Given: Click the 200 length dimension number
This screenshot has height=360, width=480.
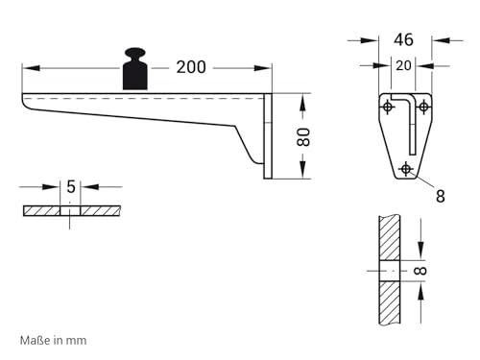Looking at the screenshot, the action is click(191, 67).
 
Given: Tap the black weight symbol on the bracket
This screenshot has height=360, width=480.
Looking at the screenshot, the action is click(135, 69).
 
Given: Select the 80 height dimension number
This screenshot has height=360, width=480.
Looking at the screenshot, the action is click(303, 137).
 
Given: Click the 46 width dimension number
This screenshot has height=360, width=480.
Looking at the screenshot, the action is click(403, 39).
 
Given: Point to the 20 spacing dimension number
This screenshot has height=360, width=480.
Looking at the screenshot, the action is click(403, 65).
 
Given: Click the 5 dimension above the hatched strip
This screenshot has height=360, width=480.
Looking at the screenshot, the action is click(71, 186).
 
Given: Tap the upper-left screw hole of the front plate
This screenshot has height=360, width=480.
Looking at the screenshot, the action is click(388, 107).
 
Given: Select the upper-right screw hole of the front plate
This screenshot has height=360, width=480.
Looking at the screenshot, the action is click(423, 107).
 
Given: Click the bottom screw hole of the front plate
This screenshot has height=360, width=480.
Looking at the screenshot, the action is click(406, 169).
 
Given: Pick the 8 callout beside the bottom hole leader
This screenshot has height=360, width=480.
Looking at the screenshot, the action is click(441, 196).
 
